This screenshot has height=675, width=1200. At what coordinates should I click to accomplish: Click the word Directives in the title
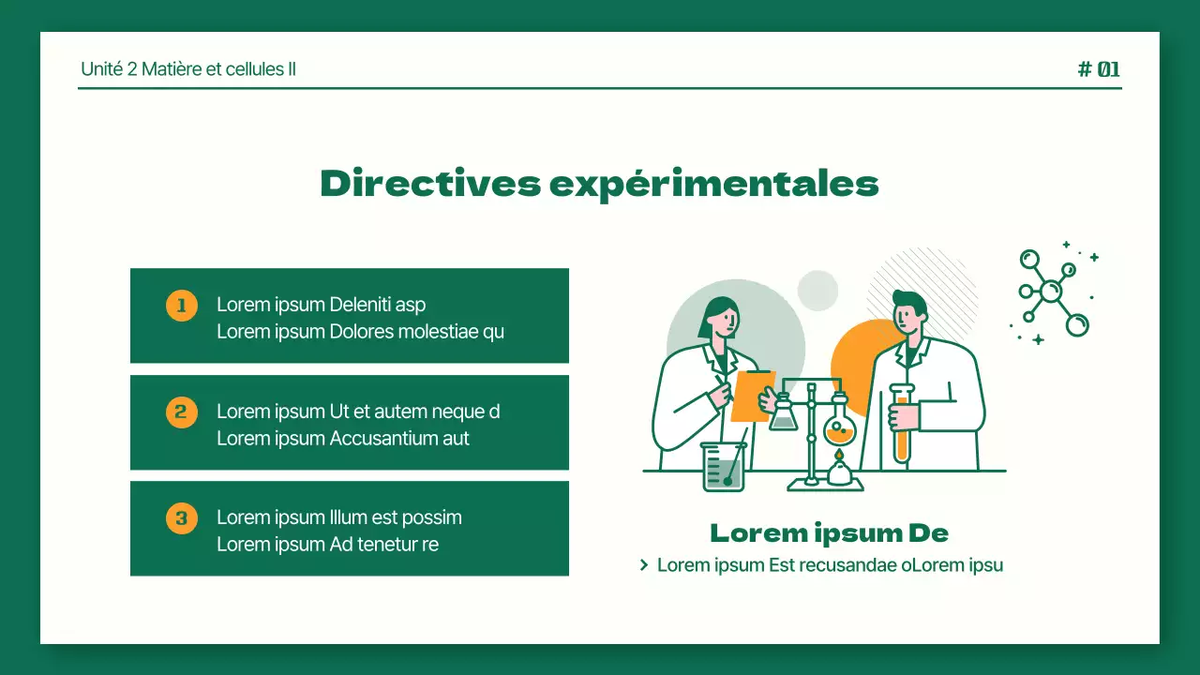[430, 183]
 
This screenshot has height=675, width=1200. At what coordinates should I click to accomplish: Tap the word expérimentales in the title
[713, 184]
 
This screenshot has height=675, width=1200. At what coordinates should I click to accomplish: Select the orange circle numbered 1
[182, 305]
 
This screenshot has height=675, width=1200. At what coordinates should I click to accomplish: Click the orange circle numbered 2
[182, 412]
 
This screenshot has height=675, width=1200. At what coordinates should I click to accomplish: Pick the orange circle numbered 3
[182, 517]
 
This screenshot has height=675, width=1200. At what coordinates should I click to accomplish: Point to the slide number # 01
[1099, 68]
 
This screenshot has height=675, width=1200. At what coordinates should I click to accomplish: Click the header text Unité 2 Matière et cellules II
[188, 68]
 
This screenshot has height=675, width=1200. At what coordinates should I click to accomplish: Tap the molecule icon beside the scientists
[1053, 292]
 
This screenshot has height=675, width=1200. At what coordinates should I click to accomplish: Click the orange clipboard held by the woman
[751, 395]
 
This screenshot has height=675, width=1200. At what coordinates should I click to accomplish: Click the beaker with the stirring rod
[723, 466]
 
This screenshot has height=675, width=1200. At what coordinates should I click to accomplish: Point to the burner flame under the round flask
[839, 457]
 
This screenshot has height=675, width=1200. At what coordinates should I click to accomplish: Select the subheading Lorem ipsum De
[829, 533]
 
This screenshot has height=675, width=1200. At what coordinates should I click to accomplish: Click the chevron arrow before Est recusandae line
[644, 565]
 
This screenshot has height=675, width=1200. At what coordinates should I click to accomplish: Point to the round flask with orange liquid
[839, 428]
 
